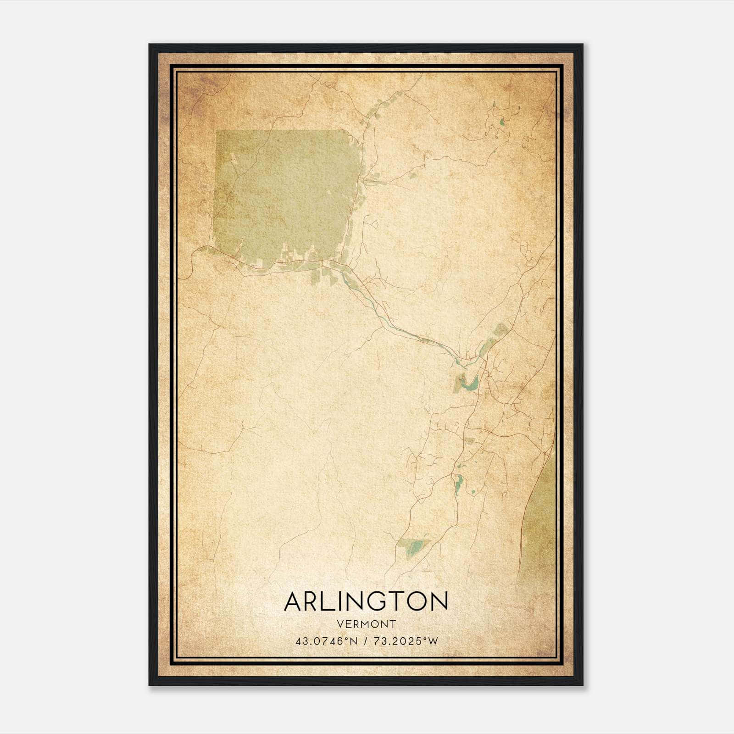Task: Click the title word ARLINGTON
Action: pos(366,601)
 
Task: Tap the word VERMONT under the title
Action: pos(366,624)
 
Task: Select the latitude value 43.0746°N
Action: pos(326,641)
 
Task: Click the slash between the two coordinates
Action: pos(366,641)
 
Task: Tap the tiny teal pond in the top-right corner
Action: pos(501,122)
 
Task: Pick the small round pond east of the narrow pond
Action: pos(473,492)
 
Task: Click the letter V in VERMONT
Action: pos(339,624)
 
